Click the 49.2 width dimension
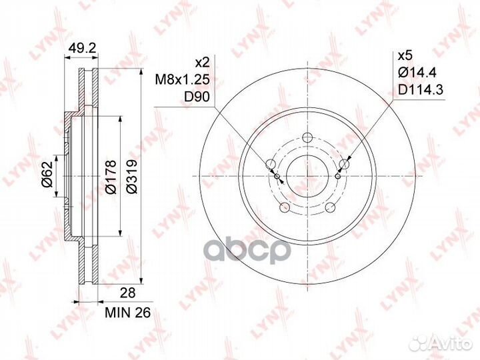click(81, 47)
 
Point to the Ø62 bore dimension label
click(47, 177)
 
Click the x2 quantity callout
click(201, 62)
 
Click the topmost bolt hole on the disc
click(307, 139)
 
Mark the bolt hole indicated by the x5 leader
click(344, 165)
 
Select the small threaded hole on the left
click(277, 176)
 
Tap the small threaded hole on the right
click(337, 176)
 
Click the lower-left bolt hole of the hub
click(284, 207)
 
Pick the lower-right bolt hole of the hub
click(330, 207)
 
